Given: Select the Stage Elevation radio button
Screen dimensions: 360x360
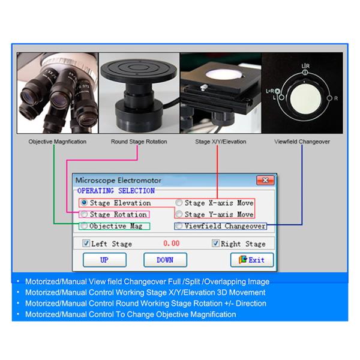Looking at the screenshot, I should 84,203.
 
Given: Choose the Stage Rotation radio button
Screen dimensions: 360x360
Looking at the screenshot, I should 84,214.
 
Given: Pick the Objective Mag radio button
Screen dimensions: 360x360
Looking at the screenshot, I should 84,226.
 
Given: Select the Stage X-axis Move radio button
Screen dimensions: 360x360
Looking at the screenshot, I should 179,203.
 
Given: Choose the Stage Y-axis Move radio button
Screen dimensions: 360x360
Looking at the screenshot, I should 179,214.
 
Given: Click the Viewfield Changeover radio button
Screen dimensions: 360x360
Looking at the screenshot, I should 179,226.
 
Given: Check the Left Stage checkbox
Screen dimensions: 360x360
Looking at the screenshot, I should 86,244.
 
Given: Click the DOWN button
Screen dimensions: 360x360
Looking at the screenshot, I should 165,260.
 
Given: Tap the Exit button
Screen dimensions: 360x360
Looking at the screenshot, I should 252,260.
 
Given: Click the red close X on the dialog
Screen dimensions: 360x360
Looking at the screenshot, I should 264,180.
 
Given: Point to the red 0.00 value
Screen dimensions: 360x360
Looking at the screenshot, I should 172,244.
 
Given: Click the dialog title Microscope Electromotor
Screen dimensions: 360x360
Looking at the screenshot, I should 118,180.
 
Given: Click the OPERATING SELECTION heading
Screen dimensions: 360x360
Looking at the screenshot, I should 112,191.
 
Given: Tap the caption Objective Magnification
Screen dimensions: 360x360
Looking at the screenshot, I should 58,142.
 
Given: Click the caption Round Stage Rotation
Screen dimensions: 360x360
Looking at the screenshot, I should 139,142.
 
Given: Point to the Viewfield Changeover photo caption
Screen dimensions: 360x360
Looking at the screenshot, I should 302,142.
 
